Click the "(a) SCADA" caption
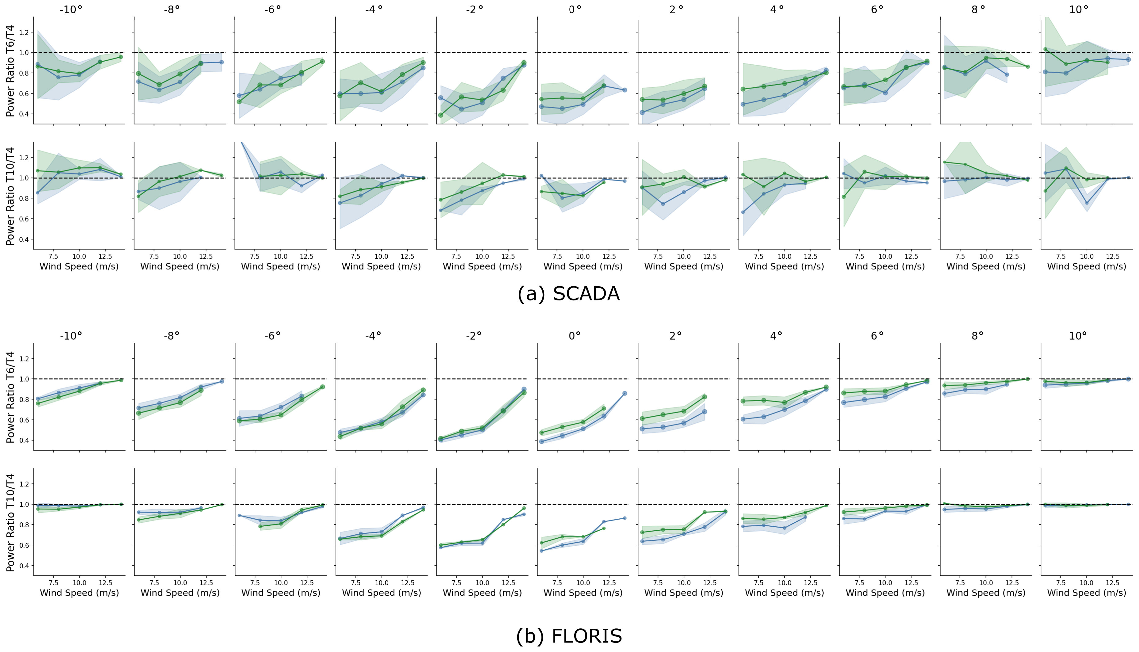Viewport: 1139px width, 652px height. (568, 294)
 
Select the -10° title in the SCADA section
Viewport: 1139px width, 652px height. (71, 10)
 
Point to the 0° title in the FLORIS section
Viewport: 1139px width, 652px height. (575, 336)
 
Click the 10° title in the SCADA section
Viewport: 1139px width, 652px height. (1079, 10)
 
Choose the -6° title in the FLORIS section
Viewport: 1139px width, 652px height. (272, 336)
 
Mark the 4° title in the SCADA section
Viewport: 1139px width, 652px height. (777, 10)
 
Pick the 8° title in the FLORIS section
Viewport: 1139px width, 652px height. (978, 336)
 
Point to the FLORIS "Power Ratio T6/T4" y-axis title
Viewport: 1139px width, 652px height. (10, 397)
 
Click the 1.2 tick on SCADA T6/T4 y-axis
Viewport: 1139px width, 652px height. (24, 32)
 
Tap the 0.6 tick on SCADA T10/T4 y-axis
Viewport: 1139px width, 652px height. (24, 219)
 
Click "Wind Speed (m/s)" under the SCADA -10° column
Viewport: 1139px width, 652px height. (79, 266)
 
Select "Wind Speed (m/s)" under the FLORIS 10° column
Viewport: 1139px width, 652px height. (1087, 593)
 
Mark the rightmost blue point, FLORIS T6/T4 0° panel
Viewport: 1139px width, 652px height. (624, 394)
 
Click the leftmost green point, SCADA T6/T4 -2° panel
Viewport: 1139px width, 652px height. (441, 115)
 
